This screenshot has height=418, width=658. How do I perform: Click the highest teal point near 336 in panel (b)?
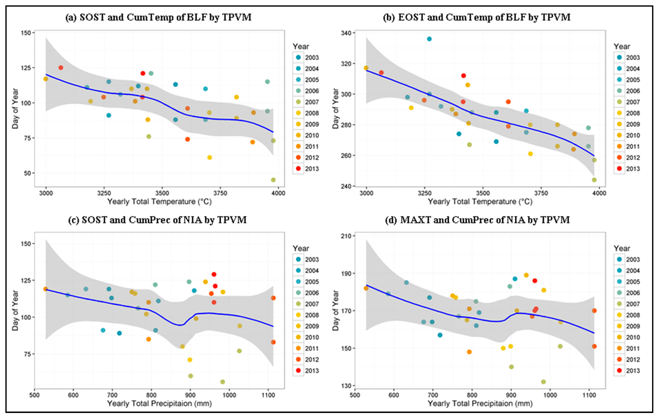(429, 39)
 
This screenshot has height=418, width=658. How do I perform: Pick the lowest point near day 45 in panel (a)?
(273, 180)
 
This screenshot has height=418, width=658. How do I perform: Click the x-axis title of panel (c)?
(159, 403)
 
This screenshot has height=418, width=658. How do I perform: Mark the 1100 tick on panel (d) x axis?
(589, 395)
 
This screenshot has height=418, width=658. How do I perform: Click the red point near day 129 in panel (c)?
(214, 274)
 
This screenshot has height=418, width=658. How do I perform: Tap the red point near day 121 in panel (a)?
(143, 73)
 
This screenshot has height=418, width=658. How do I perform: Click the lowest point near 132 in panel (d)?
(543, 382)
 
